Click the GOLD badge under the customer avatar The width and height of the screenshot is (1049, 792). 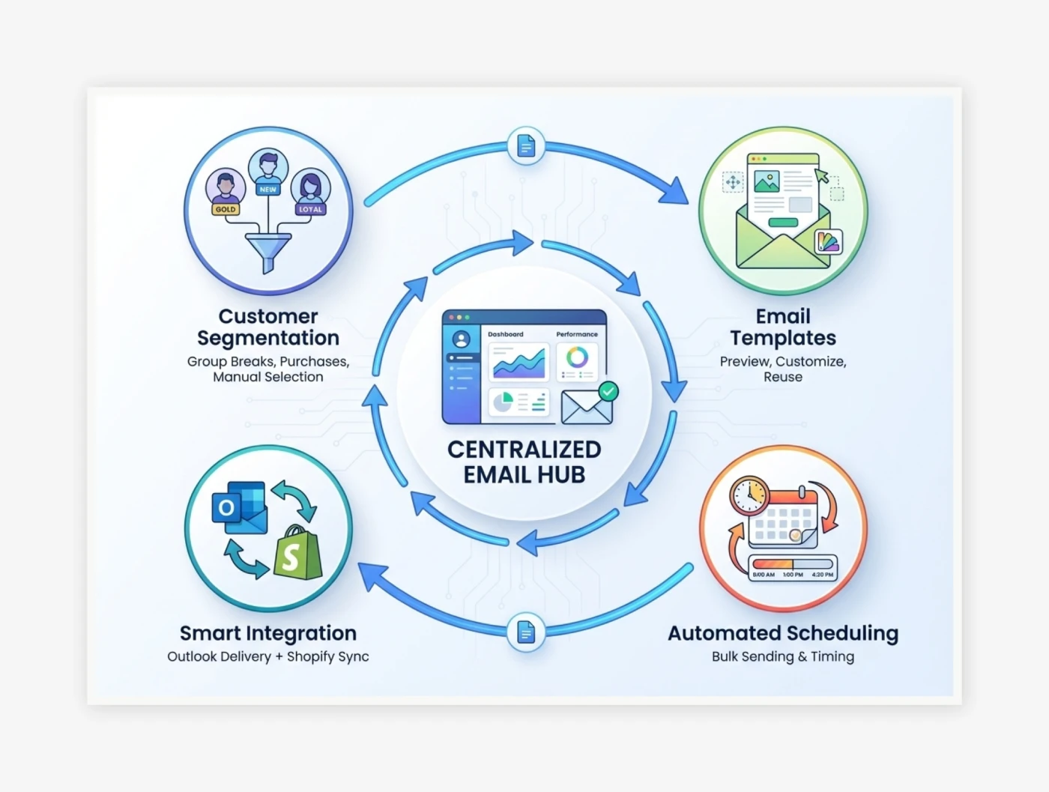pos(225,209)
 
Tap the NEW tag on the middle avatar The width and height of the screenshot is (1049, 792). pos(267,189)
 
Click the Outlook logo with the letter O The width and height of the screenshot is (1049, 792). pos(239,508)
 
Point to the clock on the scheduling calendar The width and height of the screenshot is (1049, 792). pos(749,495)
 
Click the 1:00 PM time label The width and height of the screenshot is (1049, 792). pos(793,575)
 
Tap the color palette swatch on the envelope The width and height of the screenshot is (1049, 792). pos(828,241)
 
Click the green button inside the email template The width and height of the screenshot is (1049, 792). pos(783,222)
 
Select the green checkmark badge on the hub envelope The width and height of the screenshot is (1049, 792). pos(608,392)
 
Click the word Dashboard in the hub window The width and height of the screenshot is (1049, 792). pos(506,334)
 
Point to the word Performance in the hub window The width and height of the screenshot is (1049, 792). pos(577,334)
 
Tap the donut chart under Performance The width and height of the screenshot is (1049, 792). pos(577,357)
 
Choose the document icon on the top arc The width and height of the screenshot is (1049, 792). pos(526,145)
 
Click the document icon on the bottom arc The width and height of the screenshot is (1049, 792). pos(526,632)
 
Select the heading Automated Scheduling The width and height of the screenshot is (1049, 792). pos(783,633)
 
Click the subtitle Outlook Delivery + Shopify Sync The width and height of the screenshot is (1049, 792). pos(268,657)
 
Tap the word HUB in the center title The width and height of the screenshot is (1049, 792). pos(561,474)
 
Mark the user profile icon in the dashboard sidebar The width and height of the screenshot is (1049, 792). pos(461,339)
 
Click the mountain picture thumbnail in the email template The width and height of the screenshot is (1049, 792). pos(767,181)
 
